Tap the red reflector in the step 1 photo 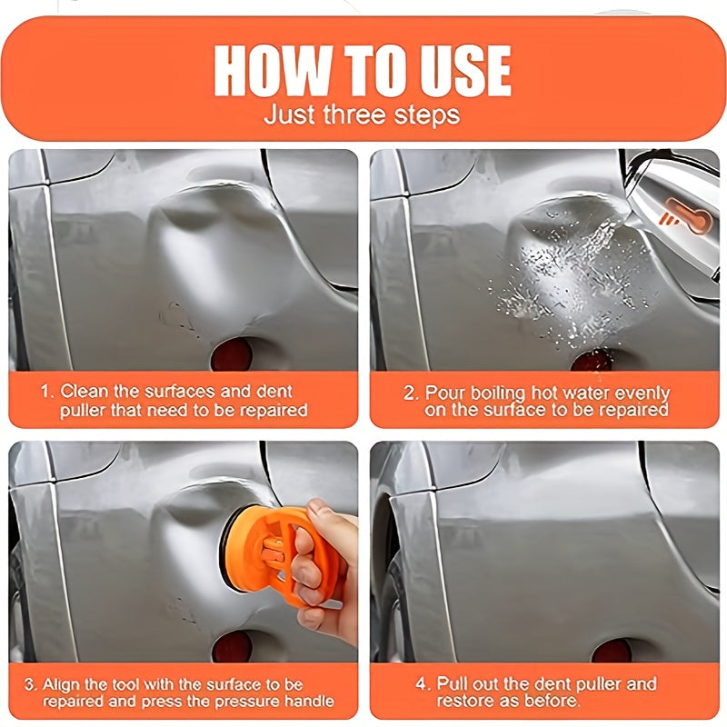coord(232,355)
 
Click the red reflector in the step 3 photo coord(232,646)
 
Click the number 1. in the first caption coord(48,392)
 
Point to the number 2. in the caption coord(411,393)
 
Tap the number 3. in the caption coord(31,684)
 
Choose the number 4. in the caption coord(423,683)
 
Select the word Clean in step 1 coord(85,392)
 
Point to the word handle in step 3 coord(309,701)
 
